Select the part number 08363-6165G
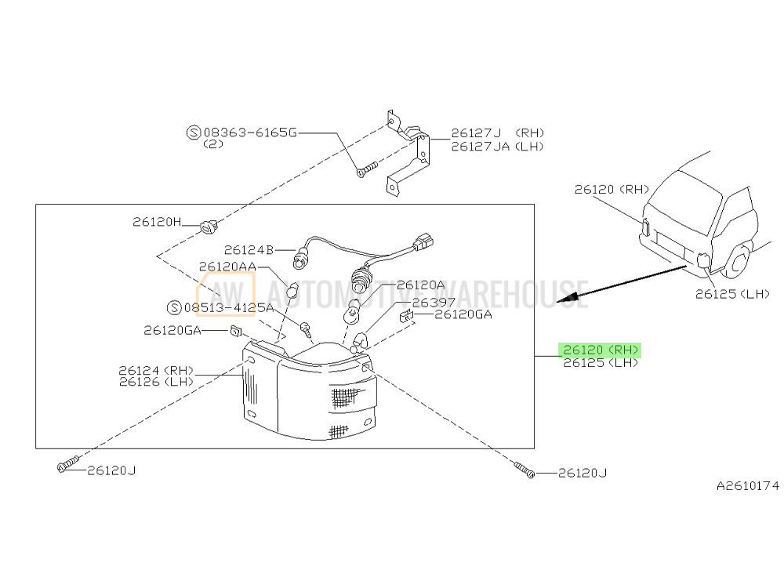tap(249, 133)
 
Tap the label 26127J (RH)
tap(497, 133)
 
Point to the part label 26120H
tap(157, 223)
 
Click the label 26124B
tap(248, 250)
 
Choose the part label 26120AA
tap(227, 267)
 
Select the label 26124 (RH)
tap(156, 370)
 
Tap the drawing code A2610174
tap(747, 486)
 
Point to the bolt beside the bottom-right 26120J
tap(524, 470)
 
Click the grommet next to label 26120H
tap(209, 227)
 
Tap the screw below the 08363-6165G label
tap(366, 168)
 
